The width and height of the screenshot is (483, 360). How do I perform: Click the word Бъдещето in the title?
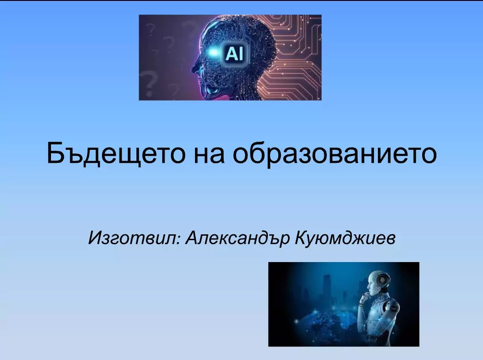[x=116, y=152]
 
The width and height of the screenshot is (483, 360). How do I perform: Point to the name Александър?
[x=237, y=238]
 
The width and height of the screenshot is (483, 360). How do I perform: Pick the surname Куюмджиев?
[x=345, y=238]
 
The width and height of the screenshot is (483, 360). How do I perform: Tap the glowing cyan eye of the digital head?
[x=213, y=53]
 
